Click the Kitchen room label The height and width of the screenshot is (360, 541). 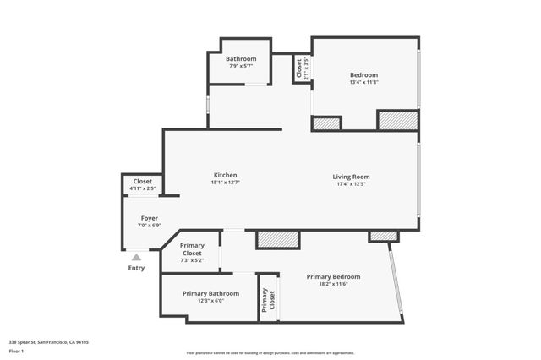[x=225, y=175]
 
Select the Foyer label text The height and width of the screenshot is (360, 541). [x=150, y=218]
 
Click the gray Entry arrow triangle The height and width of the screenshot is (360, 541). [x=136, y=257]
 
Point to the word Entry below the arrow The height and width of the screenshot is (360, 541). [x=136, y=268]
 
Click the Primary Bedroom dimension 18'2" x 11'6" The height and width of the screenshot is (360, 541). [x=333, y=284]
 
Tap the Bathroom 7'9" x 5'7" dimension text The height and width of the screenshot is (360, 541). [x=241, y=66]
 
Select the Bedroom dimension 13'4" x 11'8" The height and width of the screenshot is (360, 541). [x=363, y=82]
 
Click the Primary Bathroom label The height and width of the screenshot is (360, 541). [x=210, y=293]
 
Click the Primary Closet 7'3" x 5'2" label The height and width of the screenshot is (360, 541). [x=192, y=260]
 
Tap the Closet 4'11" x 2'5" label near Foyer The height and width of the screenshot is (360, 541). [x=143, y=188]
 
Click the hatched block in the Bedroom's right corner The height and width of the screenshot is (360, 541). [x=397, y=120]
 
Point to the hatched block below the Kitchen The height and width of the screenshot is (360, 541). [x=277, y=239]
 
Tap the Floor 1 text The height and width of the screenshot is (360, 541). [x=17, y=350]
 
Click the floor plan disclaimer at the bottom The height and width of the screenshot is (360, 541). [x=270, y=353]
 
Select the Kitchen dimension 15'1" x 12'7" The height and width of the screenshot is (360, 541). [x=225, y=183]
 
